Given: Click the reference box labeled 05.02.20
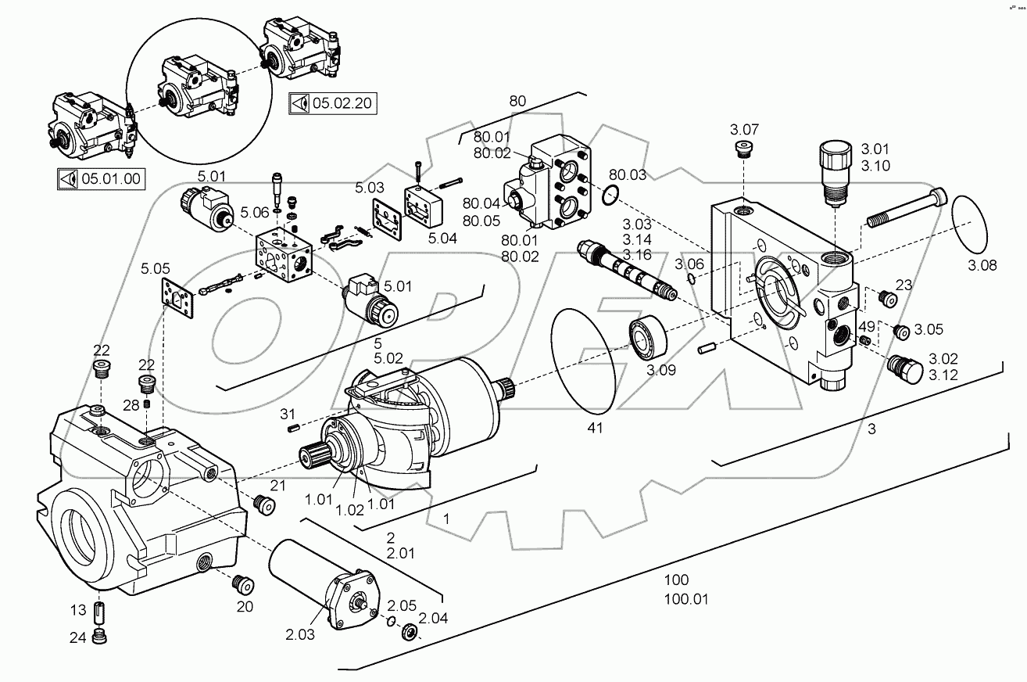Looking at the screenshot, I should [320, 103].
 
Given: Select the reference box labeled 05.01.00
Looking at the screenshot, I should [99, 178].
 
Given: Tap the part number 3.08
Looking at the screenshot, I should [982, 265].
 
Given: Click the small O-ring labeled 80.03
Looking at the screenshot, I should [614, 194].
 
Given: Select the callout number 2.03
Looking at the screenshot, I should [299, 634].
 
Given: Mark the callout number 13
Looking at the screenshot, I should [78, 610].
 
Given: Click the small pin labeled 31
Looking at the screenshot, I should [294, 427].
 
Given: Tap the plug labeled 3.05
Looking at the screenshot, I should [902, 332].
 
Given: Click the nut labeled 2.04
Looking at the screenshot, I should [409, 631].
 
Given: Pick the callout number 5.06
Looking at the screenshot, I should [255, 212].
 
